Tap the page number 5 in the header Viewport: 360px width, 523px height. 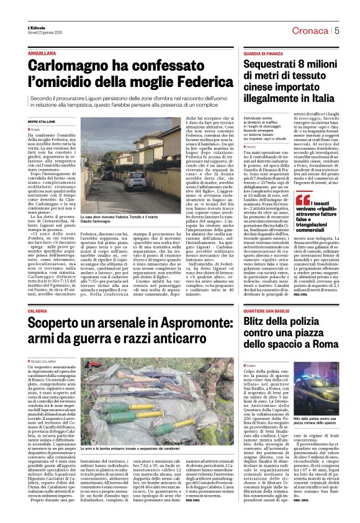coord(336,30)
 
